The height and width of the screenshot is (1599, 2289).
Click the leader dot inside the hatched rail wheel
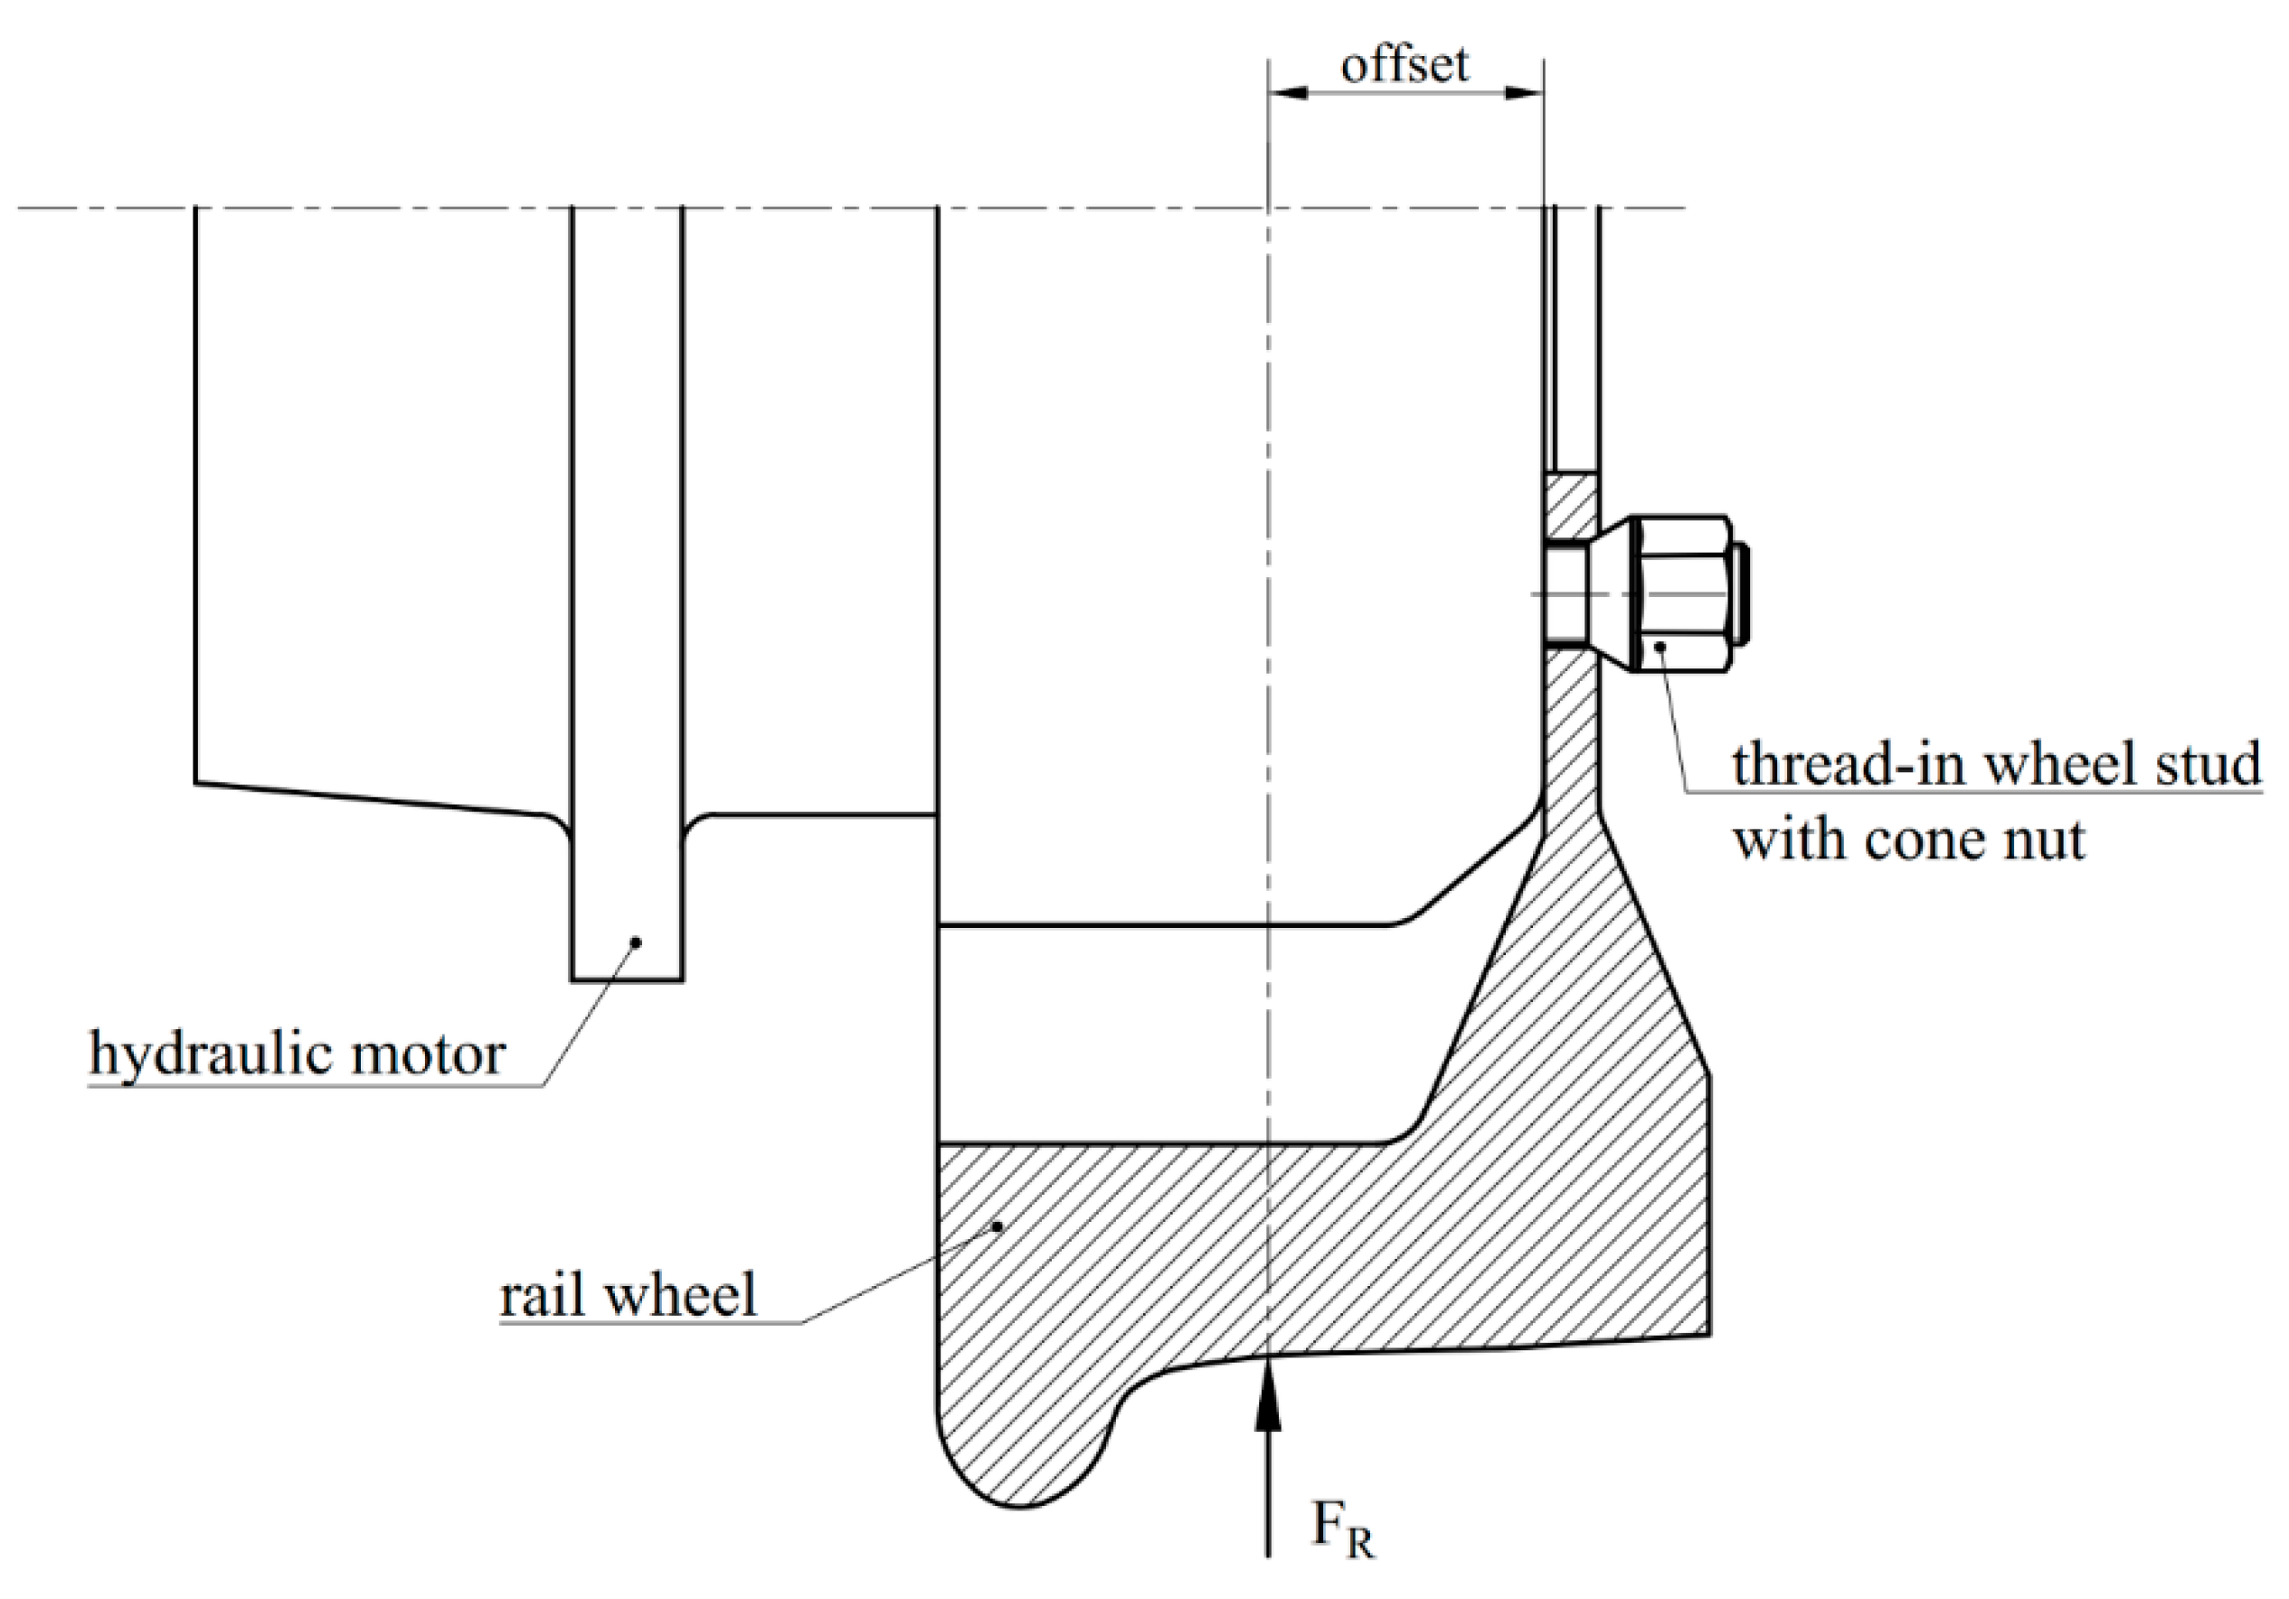click(x=996, y=1226)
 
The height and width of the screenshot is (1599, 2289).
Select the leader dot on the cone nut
click(x=1661, y=647)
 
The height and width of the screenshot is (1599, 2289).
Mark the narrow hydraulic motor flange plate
click(x=627, y=598)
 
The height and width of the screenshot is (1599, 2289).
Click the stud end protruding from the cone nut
click(x=1741, y=594)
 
